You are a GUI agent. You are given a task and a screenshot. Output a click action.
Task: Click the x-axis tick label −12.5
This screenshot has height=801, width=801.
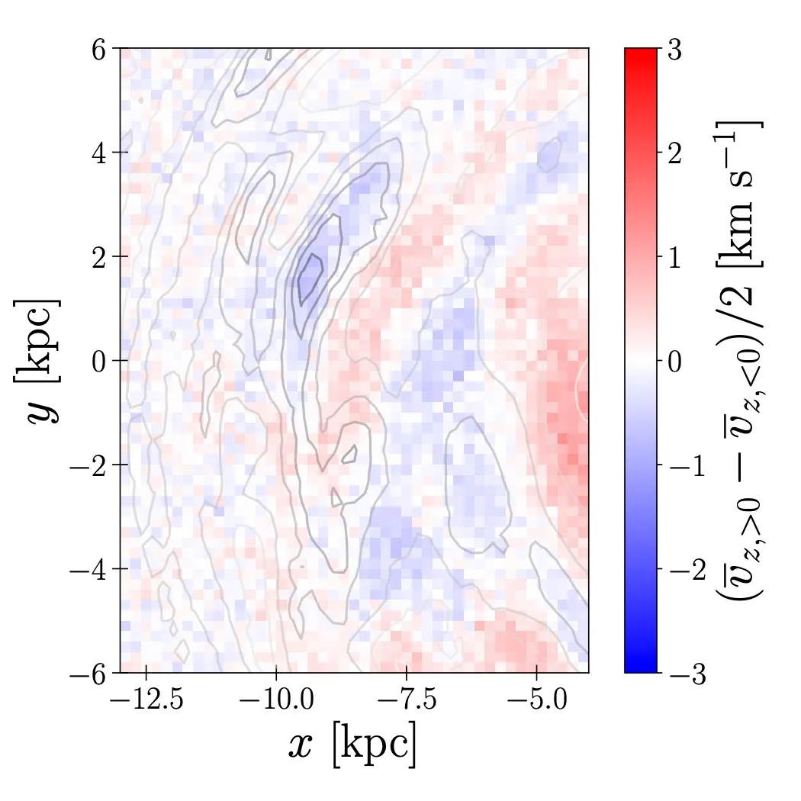[x=145, y=700]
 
